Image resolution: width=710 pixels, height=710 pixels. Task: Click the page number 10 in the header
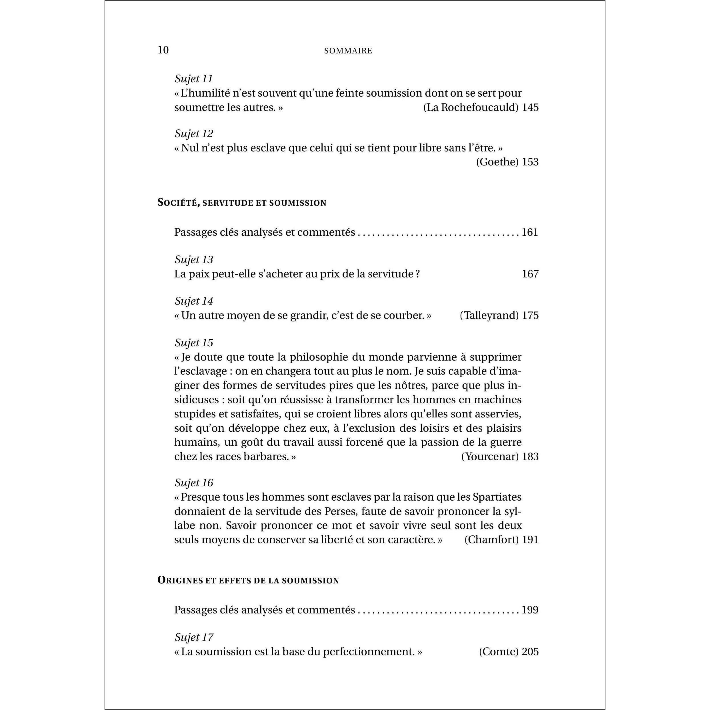[163, 50]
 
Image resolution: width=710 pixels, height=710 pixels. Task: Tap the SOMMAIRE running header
[348, 51]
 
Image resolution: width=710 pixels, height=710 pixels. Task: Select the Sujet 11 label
[194, 79]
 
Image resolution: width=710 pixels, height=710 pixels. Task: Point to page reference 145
[530, 107]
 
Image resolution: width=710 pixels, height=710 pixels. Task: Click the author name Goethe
[497, 162]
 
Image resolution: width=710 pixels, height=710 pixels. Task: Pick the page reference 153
[530, 162]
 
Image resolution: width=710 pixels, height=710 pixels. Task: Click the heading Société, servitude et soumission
[242, 203]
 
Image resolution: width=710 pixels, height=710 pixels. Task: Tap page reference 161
[529, 232]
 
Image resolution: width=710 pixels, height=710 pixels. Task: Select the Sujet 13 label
[194, 259]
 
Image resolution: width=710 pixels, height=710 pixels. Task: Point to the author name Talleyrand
[489, 315]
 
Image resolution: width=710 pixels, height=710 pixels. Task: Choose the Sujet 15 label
[194, 343]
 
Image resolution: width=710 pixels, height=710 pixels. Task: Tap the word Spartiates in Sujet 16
[497, 497]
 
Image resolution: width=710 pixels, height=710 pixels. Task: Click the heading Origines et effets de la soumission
[248, 580]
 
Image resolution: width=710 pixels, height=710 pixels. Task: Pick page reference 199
[529, 610]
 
